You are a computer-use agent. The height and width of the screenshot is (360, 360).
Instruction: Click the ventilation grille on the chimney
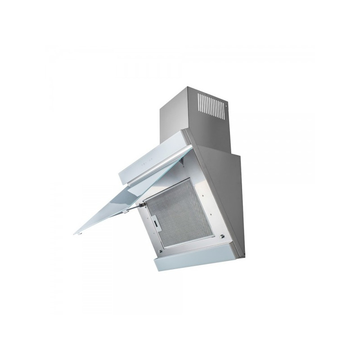(x=211, y=106)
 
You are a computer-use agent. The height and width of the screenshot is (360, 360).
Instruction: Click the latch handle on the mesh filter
(x=155, y=221)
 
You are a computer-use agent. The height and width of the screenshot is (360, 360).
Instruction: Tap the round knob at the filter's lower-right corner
(x=221, y=237)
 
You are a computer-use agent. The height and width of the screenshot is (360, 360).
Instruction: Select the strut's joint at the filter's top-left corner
(x=143, y=205)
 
